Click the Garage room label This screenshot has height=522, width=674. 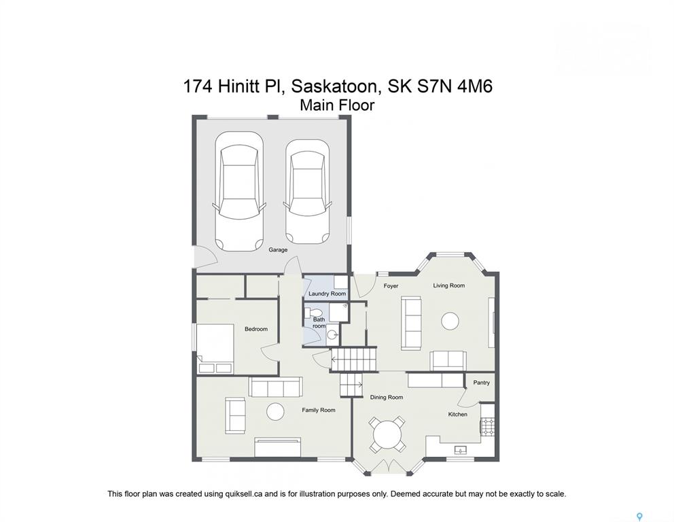[x=278, y=250]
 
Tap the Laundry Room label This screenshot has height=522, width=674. [x=327, y=294]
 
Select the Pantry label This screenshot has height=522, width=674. [x=482, y=383]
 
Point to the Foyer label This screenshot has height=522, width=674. [x=391, y=286]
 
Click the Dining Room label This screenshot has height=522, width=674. [x=387, y=398]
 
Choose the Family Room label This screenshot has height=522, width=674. [x=319, y=411]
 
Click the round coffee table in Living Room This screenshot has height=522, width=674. [x=450, y=321]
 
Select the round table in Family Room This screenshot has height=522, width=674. [x=276, y=411]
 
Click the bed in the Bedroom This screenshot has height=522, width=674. [x=215, y=348]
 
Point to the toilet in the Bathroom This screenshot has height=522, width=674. [x=313, y=312]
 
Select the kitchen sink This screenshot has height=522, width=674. [x=461, y=450]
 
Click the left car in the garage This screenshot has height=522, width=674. [x=239, y=191]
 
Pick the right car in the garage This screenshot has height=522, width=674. [x=307, y=191]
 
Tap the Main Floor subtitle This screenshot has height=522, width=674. [x=337, y=105]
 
